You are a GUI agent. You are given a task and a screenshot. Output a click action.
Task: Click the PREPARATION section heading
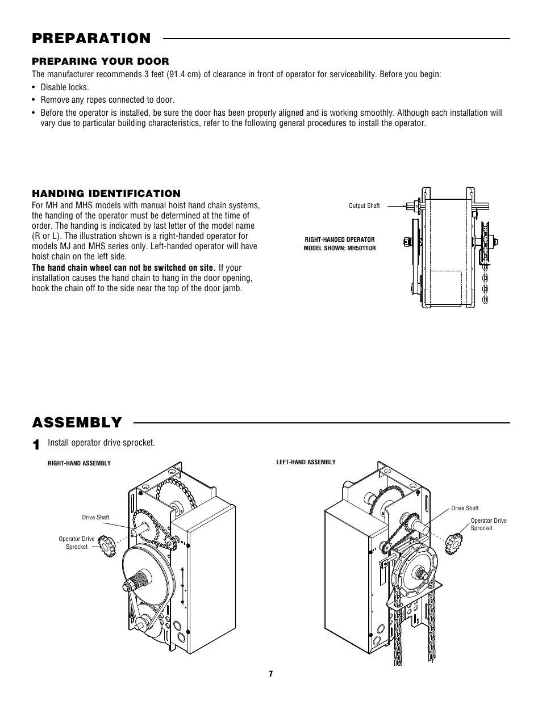[x=91, y=39]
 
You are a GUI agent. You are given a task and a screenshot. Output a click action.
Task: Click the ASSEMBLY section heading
[x=77, y=423]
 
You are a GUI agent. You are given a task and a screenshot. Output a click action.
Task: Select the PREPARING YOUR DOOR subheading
[x=101, y=61]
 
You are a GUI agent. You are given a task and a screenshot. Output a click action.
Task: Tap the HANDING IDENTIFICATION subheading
[x=106, y=194]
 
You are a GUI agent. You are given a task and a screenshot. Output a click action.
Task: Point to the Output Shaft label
[x=364, y=205]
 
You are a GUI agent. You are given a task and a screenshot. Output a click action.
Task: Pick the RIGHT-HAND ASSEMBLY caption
[x=80, y=463]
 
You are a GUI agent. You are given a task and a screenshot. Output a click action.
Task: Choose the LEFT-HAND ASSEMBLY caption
[x=306, y=462]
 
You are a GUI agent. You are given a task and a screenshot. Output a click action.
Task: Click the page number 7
[x=271, y=674]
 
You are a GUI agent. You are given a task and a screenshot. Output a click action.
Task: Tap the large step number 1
[x=36, y=444]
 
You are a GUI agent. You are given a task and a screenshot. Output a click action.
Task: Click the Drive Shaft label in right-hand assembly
[x=95, y=517]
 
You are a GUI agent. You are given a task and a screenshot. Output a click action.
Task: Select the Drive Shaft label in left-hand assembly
[x=465, y=508]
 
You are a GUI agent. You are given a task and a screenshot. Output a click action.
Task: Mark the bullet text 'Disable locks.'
[x=65, y=87]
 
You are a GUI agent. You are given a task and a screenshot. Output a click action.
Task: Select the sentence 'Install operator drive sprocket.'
[x=101, y=443]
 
